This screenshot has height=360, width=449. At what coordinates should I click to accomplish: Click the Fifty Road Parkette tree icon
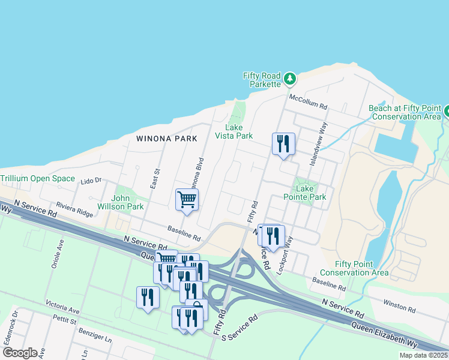pyautogui.click(x=290, y=78)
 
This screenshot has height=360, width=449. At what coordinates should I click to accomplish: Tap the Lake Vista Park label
pyautogui.click(x=234, y=131)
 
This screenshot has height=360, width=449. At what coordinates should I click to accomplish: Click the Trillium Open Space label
pyautogui.click(x=38, y=179)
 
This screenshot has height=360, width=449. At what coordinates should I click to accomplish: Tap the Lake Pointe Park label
pyautogui.click(x=311, y=193)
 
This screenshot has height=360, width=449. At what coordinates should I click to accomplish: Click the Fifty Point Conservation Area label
pyautogui.click(x=362, y=268)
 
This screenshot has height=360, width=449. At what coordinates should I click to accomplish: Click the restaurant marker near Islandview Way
pyautogui.click(x=283, y=144)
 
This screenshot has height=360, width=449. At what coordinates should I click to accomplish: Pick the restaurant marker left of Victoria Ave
pyautogui.click(x=147, y=297)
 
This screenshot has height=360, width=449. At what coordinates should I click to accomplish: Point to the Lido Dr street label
pyautogui.click(x=91, y=180)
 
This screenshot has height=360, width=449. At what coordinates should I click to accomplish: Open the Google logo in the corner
pyautogui.click(x=20, y=353)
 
